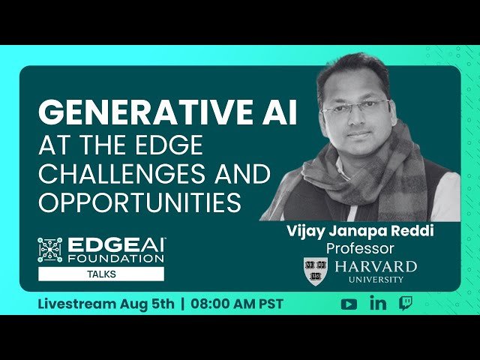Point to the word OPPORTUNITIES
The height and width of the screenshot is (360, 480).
pos(139,202)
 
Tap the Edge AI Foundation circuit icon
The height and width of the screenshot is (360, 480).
pos(50,250)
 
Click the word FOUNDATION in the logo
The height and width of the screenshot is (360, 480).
pos(116,258)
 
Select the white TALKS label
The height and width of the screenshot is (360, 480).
pos(101,274)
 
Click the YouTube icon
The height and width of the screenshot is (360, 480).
pos(349,304)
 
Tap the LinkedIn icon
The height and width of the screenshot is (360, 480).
pos(378,303)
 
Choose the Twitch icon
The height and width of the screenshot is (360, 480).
pos(405,304)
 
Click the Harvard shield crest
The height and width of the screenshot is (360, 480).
pos(316,269)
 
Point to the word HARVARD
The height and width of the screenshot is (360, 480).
pos(376,266)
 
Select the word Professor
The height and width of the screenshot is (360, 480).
pos(360,247)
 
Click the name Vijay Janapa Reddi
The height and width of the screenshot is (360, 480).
pos(360,231)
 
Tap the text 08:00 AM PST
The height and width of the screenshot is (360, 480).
pos(237,304)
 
